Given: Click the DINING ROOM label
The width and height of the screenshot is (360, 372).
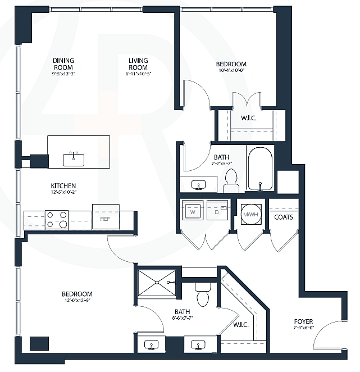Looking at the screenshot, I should point(63,64).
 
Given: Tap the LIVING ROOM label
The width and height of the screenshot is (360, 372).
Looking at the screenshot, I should point(138,64).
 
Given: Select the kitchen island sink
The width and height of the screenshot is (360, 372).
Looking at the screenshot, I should point(73,160).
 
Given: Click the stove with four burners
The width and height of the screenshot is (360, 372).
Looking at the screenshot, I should point(56,220).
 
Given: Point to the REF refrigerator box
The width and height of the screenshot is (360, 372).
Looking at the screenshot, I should point(105,218).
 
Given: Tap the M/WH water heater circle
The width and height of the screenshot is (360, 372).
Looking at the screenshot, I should point(249,214).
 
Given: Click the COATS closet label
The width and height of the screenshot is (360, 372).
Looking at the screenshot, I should point(284,217).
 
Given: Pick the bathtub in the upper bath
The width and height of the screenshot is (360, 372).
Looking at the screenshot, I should point(259,169).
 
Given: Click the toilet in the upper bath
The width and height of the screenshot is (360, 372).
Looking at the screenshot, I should point(231,180).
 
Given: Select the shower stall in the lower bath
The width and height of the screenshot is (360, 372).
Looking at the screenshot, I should point(157,283).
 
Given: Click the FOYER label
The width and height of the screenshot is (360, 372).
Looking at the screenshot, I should point(304,322).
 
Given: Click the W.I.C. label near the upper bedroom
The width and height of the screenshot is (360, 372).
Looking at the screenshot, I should point(249,118).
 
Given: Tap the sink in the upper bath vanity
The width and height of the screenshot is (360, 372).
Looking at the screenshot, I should point(198,184).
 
